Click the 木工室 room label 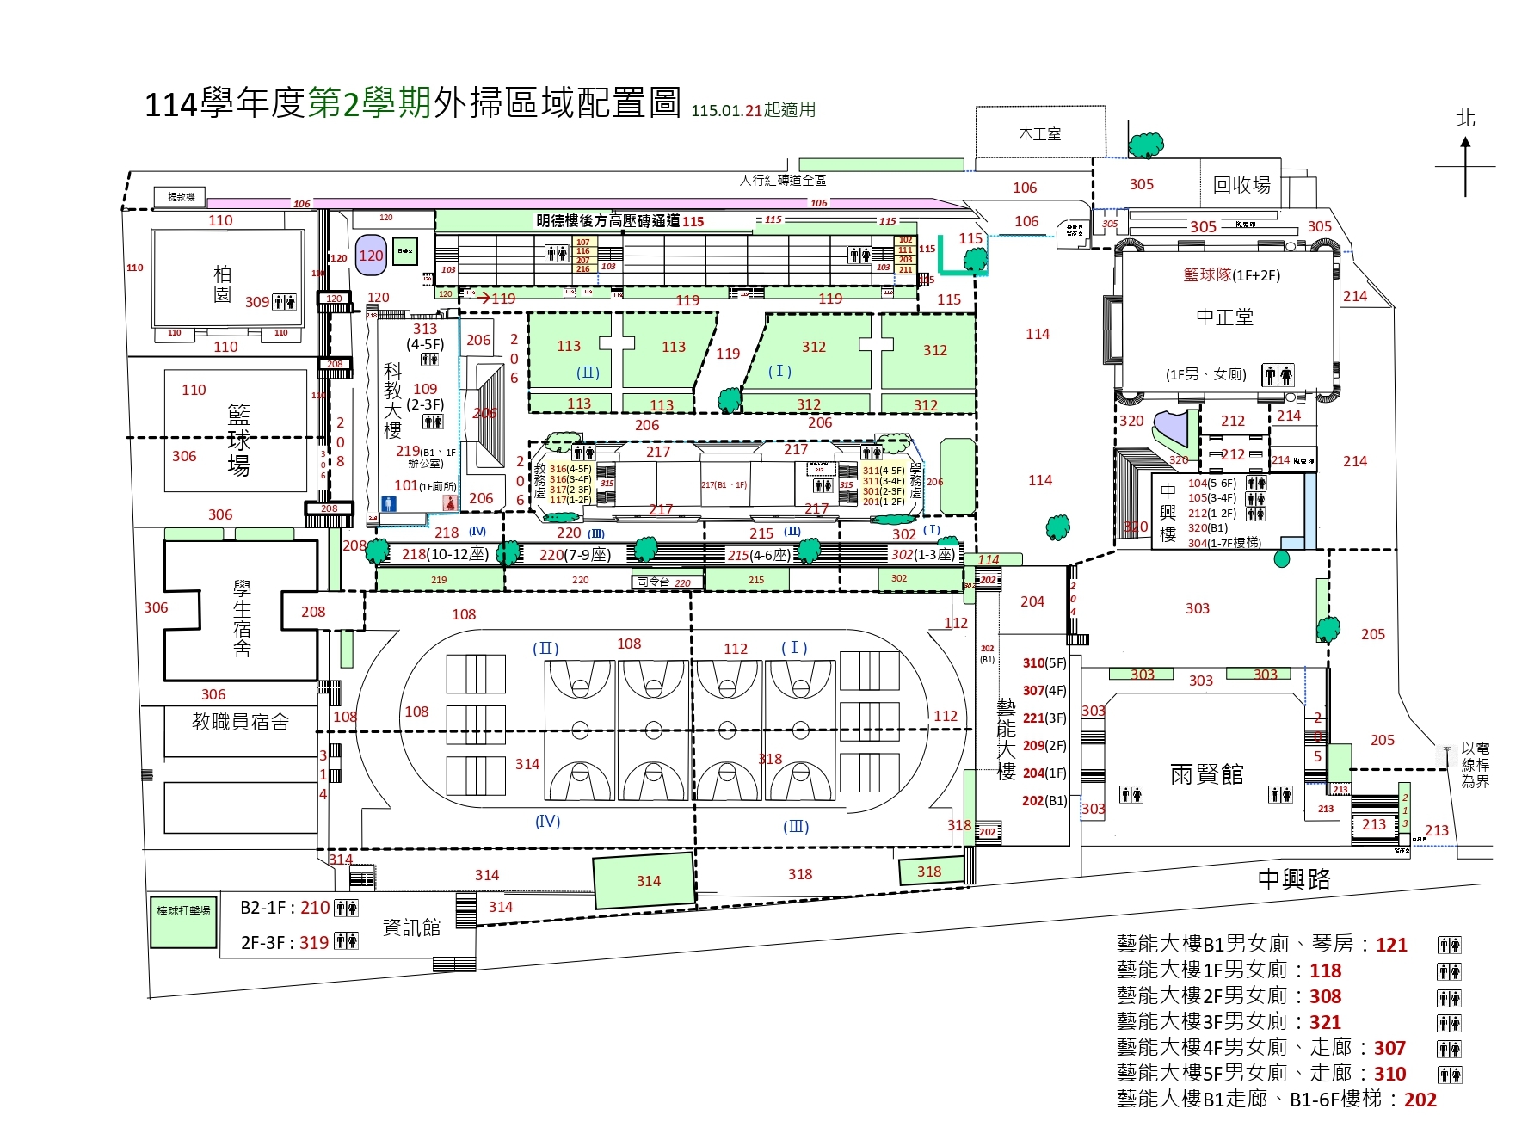(1039, 134)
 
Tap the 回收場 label (1241, 184)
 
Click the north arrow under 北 (1465, 167)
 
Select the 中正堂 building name (1224, 317)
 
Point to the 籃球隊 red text (1207, 274)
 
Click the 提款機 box (181, 197)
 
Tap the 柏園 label (222, 284)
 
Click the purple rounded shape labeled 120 (371, 256)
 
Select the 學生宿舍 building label (242, 618)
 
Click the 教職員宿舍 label (240, 722)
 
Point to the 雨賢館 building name (1206, 774)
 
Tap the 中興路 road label (1293, 878)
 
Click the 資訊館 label (410, 927)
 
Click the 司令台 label (653, 582)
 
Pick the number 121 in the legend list (1390, 945)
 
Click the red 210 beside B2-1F (315, 908)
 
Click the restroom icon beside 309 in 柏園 (284, 302)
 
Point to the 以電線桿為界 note (1475, 765)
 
